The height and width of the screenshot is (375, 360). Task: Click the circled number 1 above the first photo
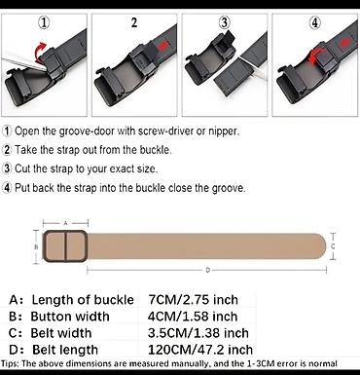pos(44,23)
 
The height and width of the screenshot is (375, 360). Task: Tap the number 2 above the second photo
pos(134,22)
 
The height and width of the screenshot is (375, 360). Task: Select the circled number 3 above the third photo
pos(224,23)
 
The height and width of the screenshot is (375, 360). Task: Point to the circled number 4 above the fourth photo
pos(314,23)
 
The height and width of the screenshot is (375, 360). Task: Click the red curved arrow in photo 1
pos(40,52)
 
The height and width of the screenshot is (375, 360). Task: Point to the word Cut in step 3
pos(22,169)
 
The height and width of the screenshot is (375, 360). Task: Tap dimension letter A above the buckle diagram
pos(65,223)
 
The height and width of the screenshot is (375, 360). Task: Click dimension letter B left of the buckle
pos(36,246)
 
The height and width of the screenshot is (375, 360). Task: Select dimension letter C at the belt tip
pos(333,246)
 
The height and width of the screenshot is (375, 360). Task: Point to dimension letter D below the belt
pos(208,270)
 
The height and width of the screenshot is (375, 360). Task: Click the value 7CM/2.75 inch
pos(194,299)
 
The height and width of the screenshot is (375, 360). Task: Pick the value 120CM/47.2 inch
pos(200,350)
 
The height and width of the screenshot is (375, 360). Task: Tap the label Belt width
pos(61,333)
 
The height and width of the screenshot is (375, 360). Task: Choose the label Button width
pos(70,317)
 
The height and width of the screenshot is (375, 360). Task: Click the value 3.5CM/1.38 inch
pos(198,333)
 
